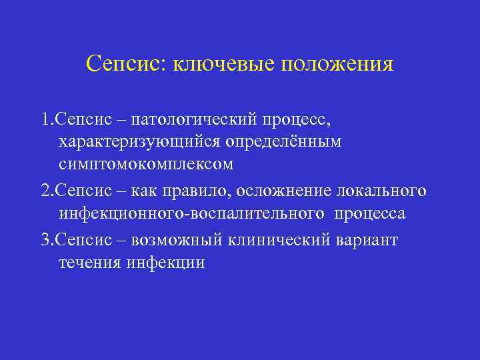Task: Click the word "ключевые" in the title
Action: [224, 65]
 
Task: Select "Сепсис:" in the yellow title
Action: [127, 64]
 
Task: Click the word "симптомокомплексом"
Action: [145, 164]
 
